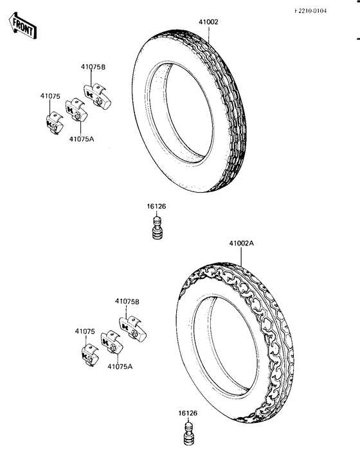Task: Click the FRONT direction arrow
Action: (22, 26)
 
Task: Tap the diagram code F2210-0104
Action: (310, 11)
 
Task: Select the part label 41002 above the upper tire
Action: (208, 22)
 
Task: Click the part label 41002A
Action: (242, 243)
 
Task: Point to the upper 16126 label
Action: (157, 206)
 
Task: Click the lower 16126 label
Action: (188, 413)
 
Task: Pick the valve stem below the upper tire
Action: (157, 228)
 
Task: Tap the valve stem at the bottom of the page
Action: (189, 434)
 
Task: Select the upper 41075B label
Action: (93, 67)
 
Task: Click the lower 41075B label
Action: (127, 301)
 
